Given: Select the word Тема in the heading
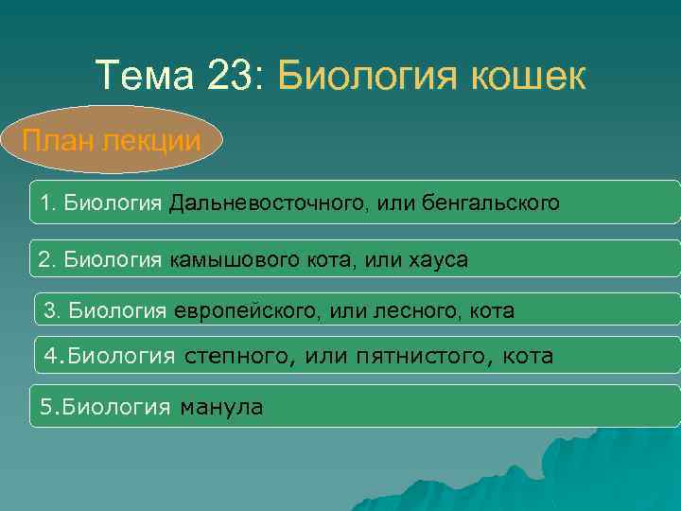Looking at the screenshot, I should tap(141, 76).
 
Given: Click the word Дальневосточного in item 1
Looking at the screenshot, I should tap(254, 203).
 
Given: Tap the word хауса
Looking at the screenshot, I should tap(437, 259).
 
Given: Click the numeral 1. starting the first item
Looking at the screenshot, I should tap(47, 203).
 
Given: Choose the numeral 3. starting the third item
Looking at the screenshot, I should tap(52, 309).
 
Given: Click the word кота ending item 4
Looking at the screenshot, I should tap(528, 357).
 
